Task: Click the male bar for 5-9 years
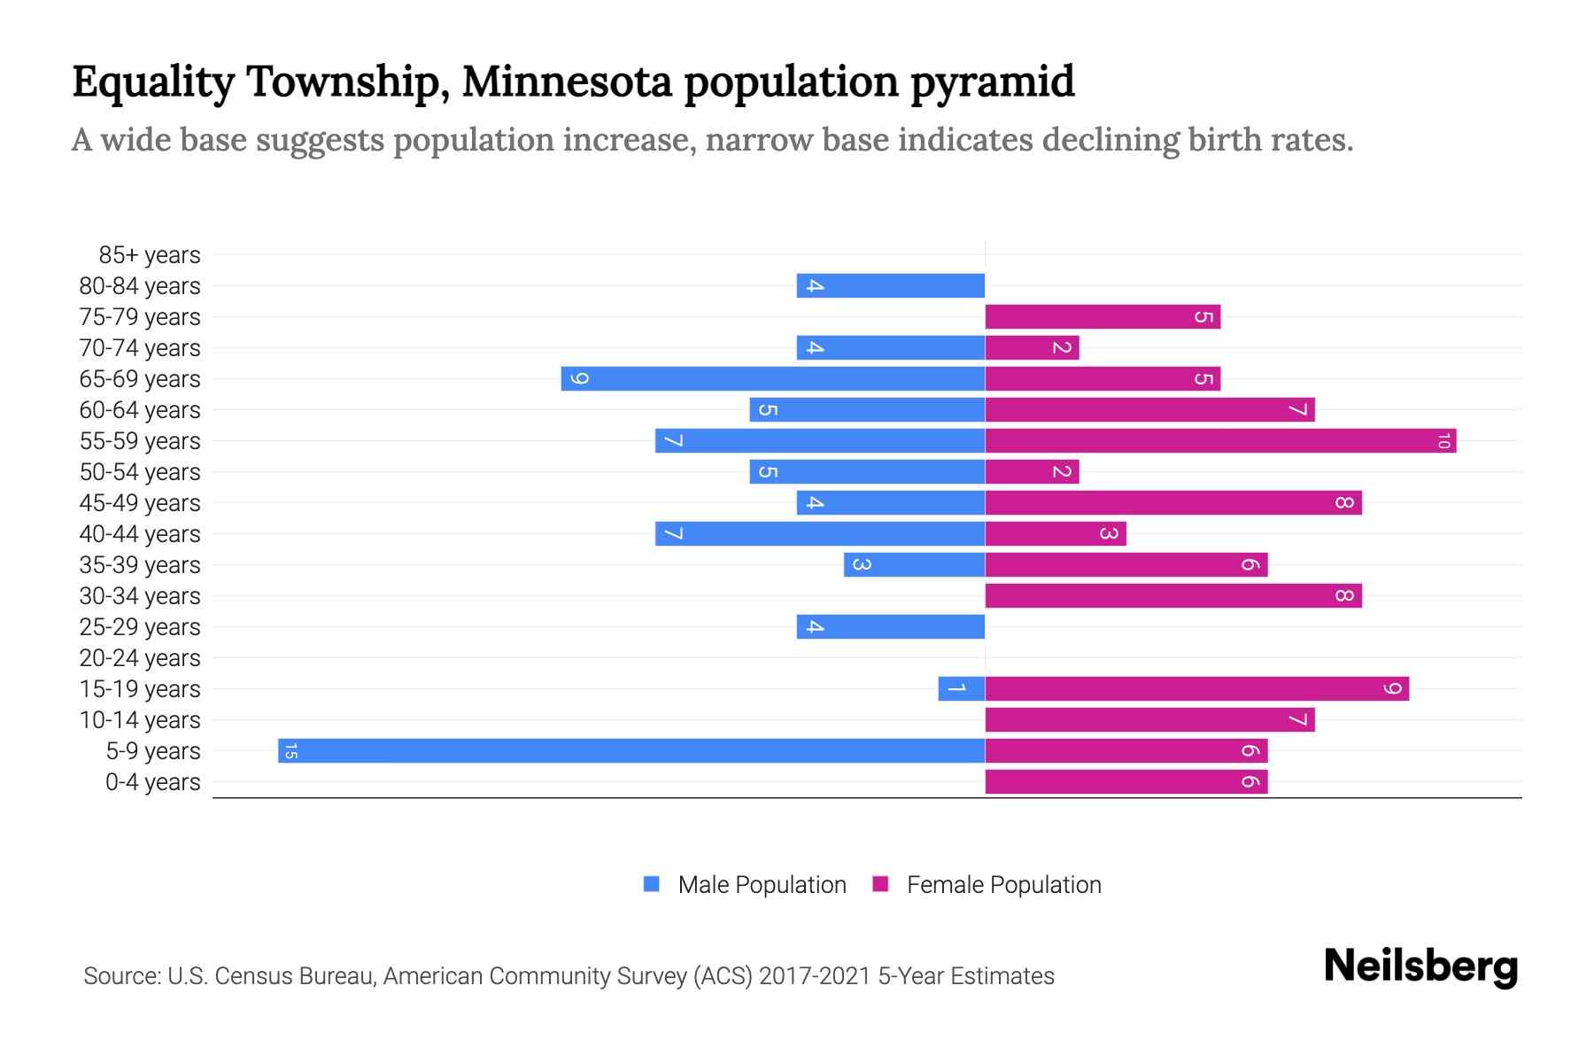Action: pyautogui.click(x=631, y=750)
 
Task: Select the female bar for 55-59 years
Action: pyautogui.click(x=1220, y=440)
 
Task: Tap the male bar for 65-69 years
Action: pyautogui.click(x=772, y=378)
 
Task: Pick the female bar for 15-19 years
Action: pyautogui.click(x=1196, y=688)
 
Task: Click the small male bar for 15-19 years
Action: pyautogui.click(x=962, y=688)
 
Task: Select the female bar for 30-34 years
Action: pyautogui.click(x=1173, y=595)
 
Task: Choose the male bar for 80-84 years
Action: pyautogui.click(x=890, y=285)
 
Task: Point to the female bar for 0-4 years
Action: pyautogui.click(x=1126, y=781)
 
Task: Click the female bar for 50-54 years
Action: pyautogui.click(x=1032, y=471)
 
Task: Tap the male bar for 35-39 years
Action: pyautogui.click(x=914, y=564)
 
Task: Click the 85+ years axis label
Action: pyautogui.click(x=150, y=255)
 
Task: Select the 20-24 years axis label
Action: pyautogui.click(x=140, y=658)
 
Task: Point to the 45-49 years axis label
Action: pyautogui.click(x=140, y=503)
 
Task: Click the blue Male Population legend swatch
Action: pyautogui.click(x=652, y=884)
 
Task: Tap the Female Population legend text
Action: pyautogui.click(x=1003, y=885)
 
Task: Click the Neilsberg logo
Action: pyautogui.click(x=1420, y=966)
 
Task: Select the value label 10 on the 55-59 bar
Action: pyautogui.click(x=1443, y=440)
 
